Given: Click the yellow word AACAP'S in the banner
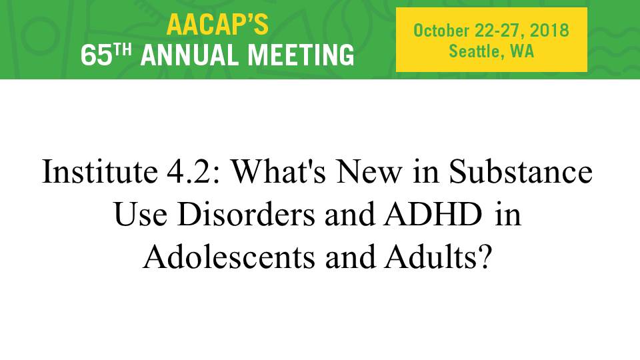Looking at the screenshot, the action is pyautogui.click(x=217, y=25).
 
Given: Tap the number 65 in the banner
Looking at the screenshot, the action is pyautogui.click(x=96, y=55).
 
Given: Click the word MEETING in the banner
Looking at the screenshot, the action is pyautogui.click(x=301, y=55).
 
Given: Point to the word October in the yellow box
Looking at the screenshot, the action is pyautogui.click(x=441, y=31).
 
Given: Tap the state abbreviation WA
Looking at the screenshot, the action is pyautogui.click(x=522, y=51).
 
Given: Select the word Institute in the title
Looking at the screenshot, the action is pyautogui.click(x=99, y=171).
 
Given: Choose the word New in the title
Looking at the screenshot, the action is pyautogui.click(x=369, y=172).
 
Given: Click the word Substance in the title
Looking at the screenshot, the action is pyautogui.click(x=521, y=171).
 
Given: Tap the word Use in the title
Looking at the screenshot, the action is pyautogui.click(x=141, y=214).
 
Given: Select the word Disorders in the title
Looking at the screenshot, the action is pyautogui.click(x=246, y=214).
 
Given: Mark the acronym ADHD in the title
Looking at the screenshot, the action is pyautogui.click(x=433, y=214).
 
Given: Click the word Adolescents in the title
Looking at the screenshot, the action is pyautogui.click(x=229, y=257).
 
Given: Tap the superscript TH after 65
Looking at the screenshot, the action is pyautogui.click(x=123, y=49).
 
